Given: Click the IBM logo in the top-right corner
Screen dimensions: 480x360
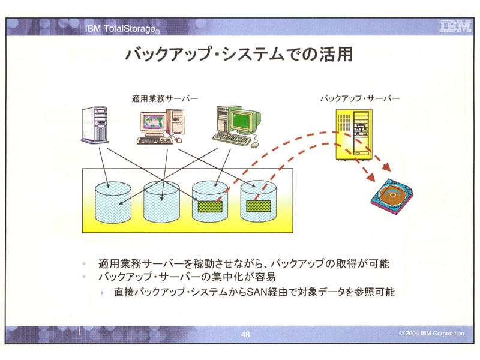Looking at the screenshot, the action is [455, 26].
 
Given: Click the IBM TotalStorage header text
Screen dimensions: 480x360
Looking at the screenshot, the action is [122, 29].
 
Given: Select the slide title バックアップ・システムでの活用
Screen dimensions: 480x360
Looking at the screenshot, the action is [239, 55].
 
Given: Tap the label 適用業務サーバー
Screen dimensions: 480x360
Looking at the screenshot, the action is [164, 98].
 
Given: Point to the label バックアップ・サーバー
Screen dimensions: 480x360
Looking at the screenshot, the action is [360, 98].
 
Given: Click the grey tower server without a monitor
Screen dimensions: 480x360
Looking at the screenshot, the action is [95, 125].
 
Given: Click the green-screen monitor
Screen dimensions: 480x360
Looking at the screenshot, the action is [245, 121].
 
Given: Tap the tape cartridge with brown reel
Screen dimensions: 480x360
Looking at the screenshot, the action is [392, 197].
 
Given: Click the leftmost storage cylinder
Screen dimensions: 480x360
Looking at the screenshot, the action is [113, 202].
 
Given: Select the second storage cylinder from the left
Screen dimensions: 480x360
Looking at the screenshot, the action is [161, 202].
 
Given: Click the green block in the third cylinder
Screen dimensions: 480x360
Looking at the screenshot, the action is [210, 206].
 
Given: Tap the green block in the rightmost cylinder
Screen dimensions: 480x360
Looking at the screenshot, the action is [259, 206].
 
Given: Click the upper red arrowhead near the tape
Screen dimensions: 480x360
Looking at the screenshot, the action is [386, 167].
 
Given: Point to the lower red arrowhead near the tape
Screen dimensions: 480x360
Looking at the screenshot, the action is [371, 176].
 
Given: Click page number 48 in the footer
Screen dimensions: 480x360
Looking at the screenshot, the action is [245, 334].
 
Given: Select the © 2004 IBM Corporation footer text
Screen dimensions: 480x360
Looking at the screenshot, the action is [431, 333].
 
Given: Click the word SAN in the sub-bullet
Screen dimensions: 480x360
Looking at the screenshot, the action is [257, 292].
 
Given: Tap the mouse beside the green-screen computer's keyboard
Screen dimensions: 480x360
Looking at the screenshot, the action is [254, 145].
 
